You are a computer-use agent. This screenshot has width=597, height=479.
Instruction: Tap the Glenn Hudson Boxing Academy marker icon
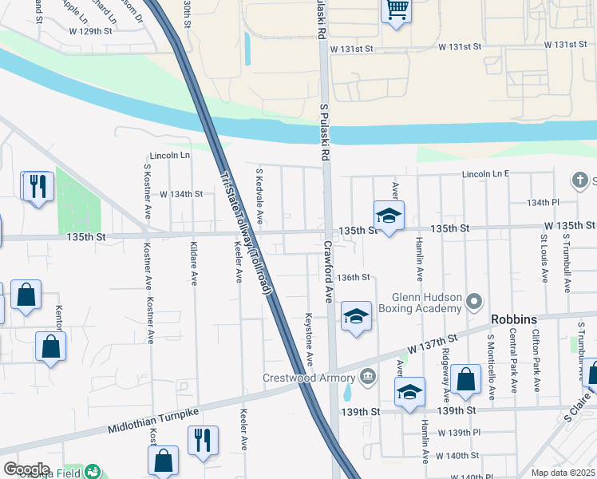pyautogui.click(x=475, y=302)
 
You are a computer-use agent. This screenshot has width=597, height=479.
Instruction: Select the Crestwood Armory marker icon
pyautogui.click(x=366, y=375)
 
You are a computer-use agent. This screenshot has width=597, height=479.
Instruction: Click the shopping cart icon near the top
pyautogui.click(x=397, y=10)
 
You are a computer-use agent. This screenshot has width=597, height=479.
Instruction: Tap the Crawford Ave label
pyautogui.click(x=327, y=272)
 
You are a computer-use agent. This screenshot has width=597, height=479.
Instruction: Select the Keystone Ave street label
pyautogui.click(x=309, y=339)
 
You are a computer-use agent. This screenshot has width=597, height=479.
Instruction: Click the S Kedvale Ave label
pyautogui.click(x=259, y=196)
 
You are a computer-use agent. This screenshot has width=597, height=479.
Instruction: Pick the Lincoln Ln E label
pyautogui.click(x=484, y=173)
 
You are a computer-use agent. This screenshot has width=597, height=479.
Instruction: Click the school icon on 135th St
pyautogui.click(x=389, y=215)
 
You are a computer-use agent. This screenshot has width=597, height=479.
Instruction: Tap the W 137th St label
pyautogui.click(x=432, y=346)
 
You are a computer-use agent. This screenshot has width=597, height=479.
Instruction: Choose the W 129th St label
pyautogui.click(x=91, y=31)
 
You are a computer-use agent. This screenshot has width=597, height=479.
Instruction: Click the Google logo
pyautogui.click(x=26, y=469)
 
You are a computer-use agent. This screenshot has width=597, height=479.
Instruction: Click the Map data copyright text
pyautogui.click(x=563, y=473)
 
